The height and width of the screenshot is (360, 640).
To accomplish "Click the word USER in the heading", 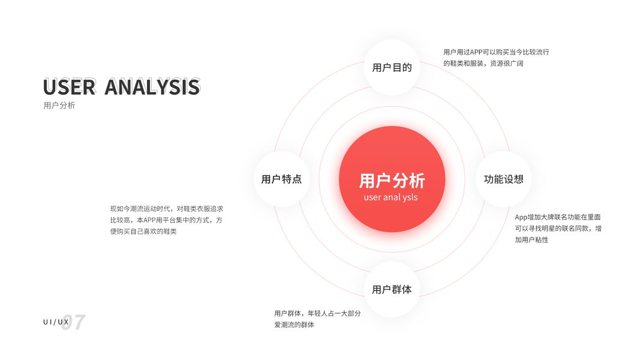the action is pyautogui.click(x=69, y=88).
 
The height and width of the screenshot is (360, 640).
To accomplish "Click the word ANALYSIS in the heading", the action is pyautogui.click(x=152, y=88).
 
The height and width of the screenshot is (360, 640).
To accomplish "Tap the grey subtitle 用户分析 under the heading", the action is pyautogui.click(x=59, y=106).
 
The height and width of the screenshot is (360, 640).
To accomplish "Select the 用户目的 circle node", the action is pyautogui.click(x=392, y=67).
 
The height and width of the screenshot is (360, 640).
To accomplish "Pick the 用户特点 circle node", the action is pyautogui.click(x=281, y=179).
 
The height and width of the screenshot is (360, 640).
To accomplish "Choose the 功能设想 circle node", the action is pyautogui.click(x=503, y=179).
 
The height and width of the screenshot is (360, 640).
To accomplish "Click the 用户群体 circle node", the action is pyautogui.click(x=392, y=289).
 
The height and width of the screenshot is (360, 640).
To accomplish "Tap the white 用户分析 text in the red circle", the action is pyautogui.click(x=392, y=180).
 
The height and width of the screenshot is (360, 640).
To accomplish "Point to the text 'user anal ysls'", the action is pyautogui.click(x=390, y=197).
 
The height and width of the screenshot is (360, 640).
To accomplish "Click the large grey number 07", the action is pyautogui.click(x=74, y=322).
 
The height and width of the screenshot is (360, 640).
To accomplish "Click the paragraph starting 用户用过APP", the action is pyautogui.click(x=496, y=58).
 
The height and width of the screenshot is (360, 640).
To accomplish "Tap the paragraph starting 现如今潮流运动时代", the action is pyautogui.click(x=167, y=220).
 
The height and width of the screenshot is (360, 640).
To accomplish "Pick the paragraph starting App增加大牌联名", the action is pyautogui.click(x=558, y=228).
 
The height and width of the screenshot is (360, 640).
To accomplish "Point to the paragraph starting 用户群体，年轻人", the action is pyautogui.click(x=317, y=319).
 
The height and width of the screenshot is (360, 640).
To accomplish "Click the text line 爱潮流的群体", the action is pyautogui.click(x=294, y=325).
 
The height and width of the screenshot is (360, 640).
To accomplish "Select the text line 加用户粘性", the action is pyautogui.click(x=531, y=239).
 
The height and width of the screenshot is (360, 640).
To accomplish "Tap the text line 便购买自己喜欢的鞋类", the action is pyautogui.click(x=143, y=231).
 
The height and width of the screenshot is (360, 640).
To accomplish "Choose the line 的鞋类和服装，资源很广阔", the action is pyautogui.click(x=483, y=63).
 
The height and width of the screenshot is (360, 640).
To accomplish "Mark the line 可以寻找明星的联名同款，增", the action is pyautogui.click(x=558, y=228).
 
